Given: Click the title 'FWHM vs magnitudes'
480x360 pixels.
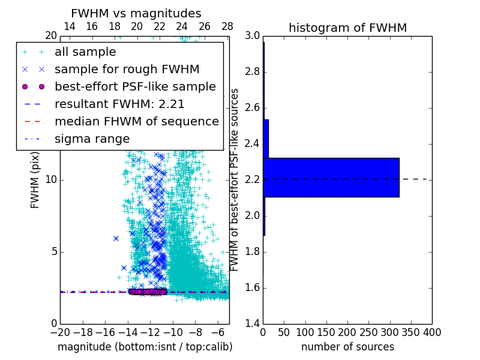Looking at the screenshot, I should (x=136, y=13).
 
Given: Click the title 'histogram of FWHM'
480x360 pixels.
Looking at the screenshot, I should (x=347, y=28).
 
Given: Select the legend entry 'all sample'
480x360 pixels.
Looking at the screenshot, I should (x=85, y=52).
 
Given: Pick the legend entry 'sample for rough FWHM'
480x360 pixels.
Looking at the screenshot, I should (x=127, y=70).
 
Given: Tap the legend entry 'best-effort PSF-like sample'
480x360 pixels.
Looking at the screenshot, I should (x=135, y=87).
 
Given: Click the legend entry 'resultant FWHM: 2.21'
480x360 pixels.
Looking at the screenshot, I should (x=119, y=104).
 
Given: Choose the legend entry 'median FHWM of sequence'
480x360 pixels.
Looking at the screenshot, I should (x=136, y=122).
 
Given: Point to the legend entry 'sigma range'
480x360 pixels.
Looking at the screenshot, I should (x=92, y=139).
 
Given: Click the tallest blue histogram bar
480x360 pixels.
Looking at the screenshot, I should (x=331, y=177).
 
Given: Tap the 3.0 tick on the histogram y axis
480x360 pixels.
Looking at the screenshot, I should (x=252, y=36).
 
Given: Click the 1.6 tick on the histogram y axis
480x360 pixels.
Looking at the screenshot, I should (x=252, y=288).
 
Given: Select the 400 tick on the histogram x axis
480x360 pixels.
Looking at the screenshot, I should (x=432, y=332).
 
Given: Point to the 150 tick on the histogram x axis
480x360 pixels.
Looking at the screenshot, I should (x=326, y=332).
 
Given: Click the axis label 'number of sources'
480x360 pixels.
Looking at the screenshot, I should (x=347, y=347).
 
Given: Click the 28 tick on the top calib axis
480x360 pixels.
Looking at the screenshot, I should (x=227, y=26).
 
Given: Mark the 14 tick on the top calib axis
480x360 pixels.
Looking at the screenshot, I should (x=69, y=26).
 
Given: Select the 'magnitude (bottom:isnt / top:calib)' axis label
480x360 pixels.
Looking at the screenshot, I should (x=145, y=347).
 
